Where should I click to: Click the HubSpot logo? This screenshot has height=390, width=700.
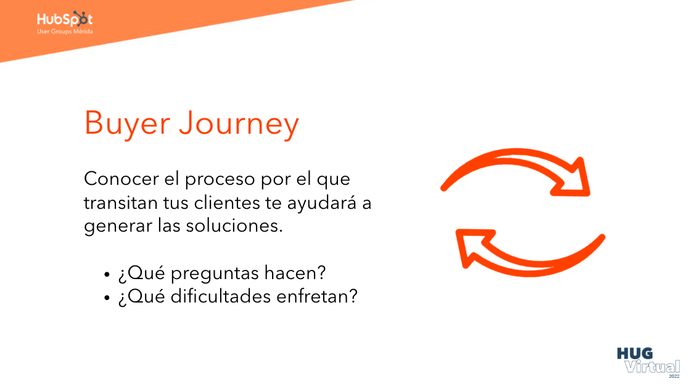[x=64, y=18]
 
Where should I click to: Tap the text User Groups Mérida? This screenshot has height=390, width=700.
[x=65, y=31]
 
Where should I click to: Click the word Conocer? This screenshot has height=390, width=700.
[x=121, y=179]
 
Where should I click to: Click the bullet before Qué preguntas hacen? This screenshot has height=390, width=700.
[x=107, y=274]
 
